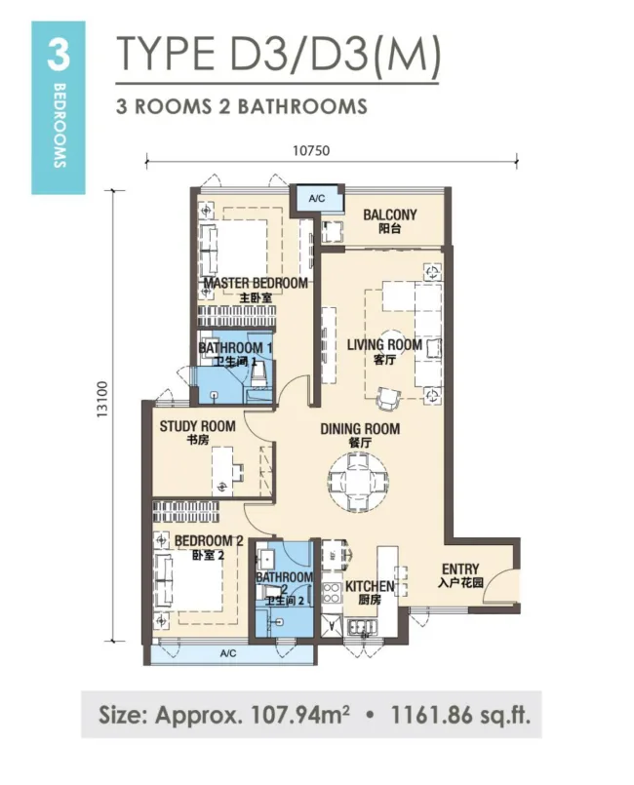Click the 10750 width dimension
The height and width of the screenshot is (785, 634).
(x=311, y=150)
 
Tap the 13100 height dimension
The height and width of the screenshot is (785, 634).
(x=102, y=399)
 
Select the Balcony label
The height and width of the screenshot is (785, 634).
(x=389, y=221)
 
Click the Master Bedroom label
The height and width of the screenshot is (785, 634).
(x=256, y=290)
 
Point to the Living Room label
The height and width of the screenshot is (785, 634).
(x=384, y=351)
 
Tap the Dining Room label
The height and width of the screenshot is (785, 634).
(x=360, y=435)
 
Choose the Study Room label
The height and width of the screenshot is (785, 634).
(x=197, y=433)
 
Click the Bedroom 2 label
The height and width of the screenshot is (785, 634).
(x=209, y=547)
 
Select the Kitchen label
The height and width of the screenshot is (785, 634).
(x=370, y=592)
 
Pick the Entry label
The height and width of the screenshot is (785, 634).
(x=460, y=575)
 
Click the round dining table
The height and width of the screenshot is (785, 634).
(x=359, y=481)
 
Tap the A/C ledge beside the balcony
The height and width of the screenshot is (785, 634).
(x=317, y=199)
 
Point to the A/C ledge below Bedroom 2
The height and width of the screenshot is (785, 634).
(x=229, y=653)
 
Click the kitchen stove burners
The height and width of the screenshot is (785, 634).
(x=331, y=592)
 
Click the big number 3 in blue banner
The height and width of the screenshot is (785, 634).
(x=59, y=55)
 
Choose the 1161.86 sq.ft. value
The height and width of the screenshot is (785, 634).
(x=459, y=715)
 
